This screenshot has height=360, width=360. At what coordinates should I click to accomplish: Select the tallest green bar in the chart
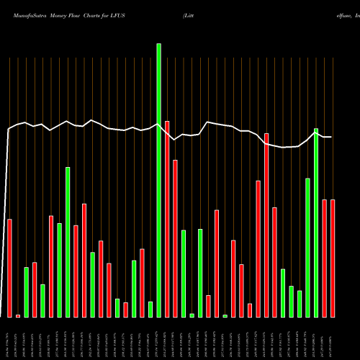tap(159, 180)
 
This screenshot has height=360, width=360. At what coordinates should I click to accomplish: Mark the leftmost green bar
tap(26, 292)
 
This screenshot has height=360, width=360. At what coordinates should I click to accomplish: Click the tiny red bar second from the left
tap(18, 315)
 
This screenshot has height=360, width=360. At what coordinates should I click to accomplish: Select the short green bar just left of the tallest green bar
tap(150, 309)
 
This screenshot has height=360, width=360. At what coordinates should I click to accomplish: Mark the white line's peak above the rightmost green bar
tap(316, 130)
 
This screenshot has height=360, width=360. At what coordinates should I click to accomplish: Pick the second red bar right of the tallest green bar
tap(175, 238)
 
